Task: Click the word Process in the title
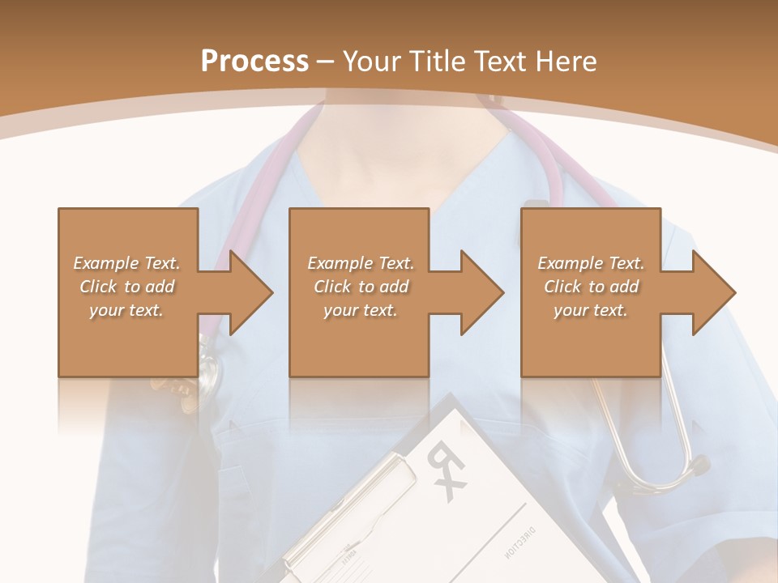(254, 61)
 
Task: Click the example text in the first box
(127, 287)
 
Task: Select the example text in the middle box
(361, 287)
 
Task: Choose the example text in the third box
(591, 287)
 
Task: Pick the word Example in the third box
(570, 263)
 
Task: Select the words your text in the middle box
(361, 310)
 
